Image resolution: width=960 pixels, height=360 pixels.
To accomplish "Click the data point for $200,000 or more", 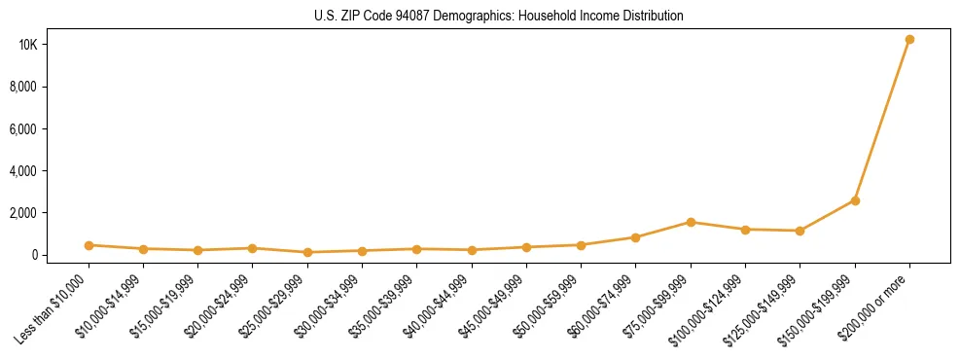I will click(x=909, y=40).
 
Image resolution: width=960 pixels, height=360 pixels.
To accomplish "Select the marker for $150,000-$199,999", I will click(x=855, y=200).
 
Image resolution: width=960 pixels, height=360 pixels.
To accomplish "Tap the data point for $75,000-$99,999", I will click(x=691, y=222).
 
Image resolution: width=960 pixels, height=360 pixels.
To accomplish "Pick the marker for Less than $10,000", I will click(x=89, y=245).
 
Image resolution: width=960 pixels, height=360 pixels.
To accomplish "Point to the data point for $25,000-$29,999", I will click(x=307, y=252).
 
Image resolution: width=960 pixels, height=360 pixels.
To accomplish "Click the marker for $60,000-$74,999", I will click(x=635, y=237).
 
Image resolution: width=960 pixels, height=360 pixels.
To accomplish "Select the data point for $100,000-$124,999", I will click(x=745, y=230).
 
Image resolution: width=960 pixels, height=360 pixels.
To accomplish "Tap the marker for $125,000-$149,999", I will click(x=800, y=231).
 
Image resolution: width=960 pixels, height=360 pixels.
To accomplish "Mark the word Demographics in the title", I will click(x=453, y=17).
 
